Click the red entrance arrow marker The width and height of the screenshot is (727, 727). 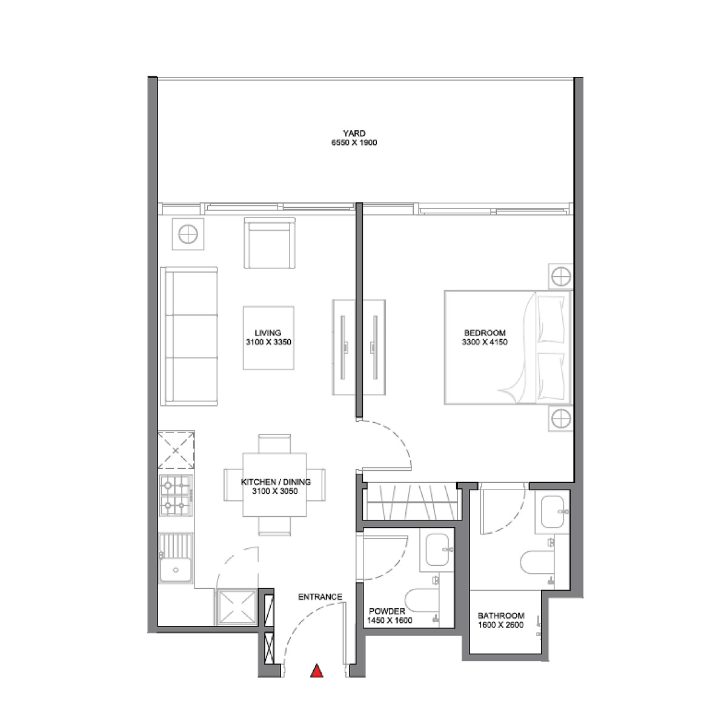point(316,671)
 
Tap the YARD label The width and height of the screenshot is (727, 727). point(354,134)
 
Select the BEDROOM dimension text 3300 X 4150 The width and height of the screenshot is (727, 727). point(484,342)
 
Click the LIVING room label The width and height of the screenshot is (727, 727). point(268,333)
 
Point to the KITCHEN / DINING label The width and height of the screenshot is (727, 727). point(276,482)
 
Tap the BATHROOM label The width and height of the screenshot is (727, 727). point(500,616)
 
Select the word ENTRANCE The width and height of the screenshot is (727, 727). point(320,597)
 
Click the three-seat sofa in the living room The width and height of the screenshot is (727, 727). point(189,336)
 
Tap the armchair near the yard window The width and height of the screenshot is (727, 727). point(271,244)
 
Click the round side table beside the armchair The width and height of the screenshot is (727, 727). point(188,233)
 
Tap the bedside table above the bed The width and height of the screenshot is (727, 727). point(560,276)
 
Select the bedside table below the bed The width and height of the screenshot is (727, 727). point(560,418)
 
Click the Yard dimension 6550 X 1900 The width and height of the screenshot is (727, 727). point(354,144)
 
